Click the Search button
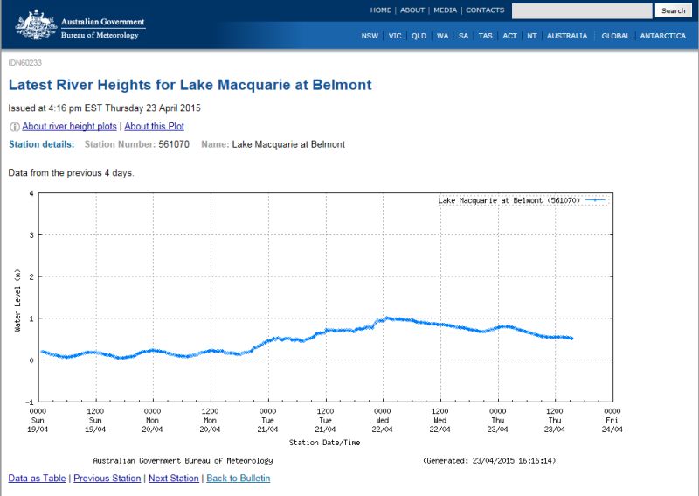click(673, 10)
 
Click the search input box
click(581, 10)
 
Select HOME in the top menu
click(380, 10)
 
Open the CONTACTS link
click(485, 10)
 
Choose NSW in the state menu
click(370, 36)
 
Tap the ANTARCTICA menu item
click(662, 36)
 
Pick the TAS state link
click(486, 36)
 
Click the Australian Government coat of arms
click(35, 24)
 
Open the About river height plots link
click(70, 127)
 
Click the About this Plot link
click(155, 127)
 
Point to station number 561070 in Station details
click(174, 144)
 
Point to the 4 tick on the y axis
click(31, 193)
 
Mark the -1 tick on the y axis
click(30, 402)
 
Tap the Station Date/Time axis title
click(324, 442)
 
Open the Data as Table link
click(38, 479)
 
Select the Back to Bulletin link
click(238, 479)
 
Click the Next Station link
click(173, 479)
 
